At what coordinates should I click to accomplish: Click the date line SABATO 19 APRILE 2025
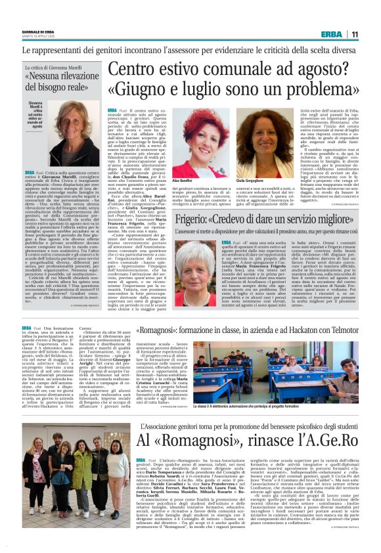click(x=38, y=37)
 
